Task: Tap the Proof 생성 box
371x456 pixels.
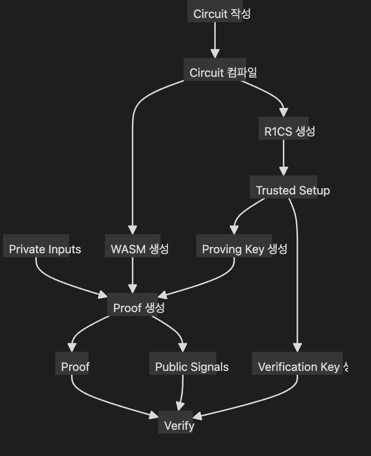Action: [139, 307]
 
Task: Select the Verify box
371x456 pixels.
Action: [179, 425]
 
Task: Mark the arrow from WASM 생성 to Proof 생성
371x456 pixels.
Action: [132, 275]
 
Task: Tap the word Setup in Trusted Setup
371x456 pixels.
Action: [315, 190]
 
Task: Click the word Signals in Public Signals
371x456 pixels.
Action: [209, 367]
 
